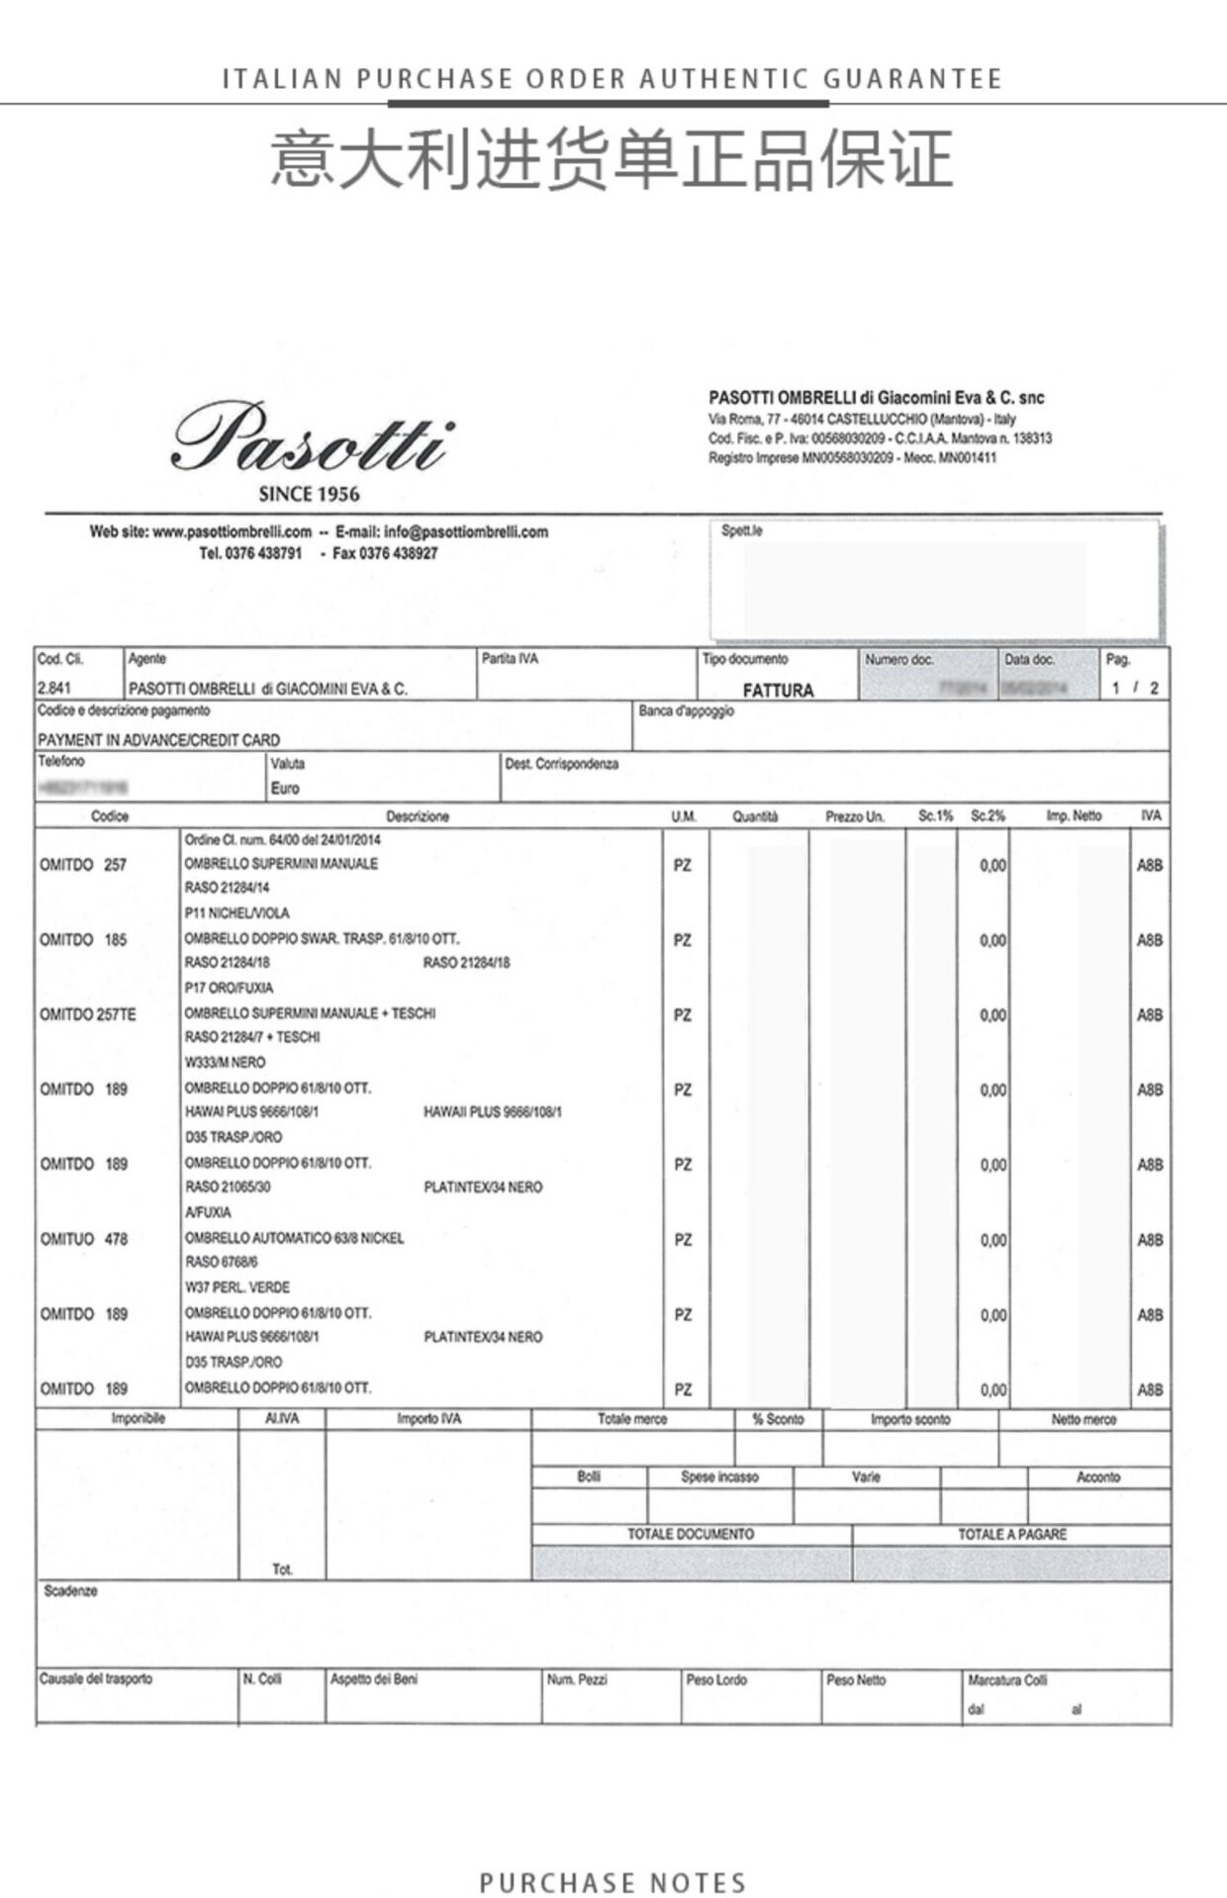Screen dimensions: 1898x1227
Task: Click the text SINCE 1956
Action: (309, 495)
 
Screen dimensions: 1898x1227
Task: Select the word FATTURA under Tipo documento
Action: (778, 690)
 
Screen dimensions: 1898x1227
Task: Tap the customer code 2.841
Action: (54, 688)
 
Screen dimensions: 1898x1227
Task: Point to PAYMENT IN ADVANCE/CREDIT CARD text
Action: (158, 739)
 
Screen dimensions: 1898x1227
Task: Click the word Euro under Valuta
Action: (285, 789)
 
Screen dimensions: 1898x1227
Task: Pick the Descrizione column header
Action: (418, 816)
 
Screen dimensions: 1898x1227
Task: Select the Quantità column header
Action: (755, 816)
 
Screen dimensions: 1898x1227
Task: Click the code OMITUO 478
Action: (84, 1239)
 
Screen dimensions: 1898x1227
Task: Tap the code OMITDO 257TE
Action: (88, 1014)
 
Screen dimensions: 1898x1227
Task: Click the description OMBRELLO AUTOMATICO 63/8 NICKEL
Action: (294, 1238)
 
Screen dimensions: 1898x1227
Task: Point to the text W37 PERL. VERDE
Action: (237, 1287)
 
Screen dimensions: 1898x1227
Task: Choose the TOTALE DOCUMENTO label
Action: (691, 1534)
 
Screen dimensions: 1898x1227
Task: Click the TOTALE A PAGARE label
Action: (1011, 1534)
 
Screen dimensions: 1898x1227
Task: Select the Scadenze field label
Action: (70, 1591)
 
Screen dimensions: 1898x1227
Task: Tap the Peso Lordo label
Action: (716, 1679)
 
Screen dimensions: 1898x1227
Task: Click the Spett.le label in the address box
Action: (742, 530)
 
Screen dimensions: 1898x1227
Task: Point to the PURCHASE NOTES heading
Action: (613, 1882)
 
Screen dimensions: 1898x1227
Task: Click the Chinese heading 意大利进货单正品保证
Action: (612, 160)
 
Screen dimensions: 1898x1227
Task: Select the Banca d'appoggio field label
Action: (686, 711)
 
